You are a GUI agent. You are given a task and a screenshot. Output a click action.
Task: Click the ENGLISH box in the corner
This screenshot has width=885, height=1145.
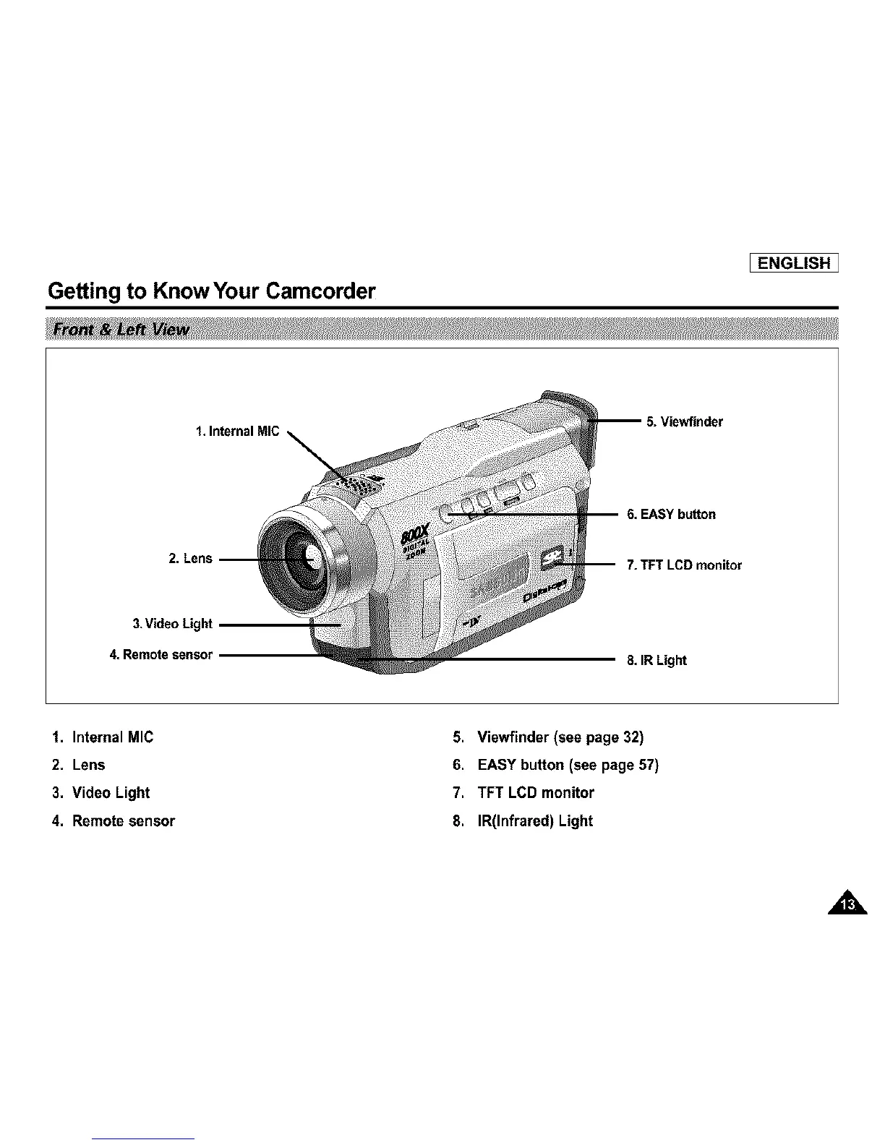(x=793, y=262)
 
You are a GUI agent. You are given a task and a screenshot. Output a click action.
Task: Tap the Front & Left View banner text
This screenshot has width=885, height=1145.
(x=118, y=330)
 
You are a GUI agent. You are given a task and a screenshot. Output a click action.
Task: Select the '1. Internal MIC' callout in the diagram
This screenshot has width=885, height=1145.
(x=237, y=432)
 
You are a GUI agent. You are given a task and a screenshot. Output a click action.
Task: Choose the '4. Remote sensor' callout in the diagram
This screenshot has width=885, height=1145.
(x=161, y=655)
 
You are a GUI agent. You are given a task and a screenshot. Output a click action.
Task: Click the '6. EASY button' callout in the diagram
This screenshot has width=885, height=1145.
(x=671, y=514)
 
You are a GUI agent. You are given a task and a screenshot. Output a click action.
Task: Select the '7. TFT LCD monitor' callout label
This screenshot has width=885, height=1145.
(x=684, y=565)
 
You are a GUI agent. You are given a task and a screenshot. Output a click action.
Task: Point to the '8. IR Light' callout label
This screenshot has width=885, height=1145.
(x=657, y=660)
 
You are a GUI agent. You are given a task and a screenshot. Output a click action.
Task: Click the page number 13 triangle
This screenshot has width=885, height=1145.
(x=849, y=904)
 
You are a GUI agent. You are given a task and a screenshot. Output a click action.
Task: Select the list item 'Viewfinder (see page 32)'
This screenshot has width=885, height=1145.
(x=560, y=737)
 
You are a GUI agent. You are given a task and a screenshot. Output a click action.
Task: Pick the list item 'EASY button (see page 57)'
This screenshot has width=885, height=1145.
(x=568, y=765)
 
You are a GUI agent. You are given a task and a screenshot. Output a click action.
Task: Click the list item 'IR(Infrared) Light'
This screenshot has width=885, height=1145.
(x=534, y=820)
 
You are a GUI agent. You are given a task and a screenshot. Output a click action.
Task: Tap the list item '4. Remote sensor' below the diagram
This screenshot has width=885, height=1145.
(x=114, y=820)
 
